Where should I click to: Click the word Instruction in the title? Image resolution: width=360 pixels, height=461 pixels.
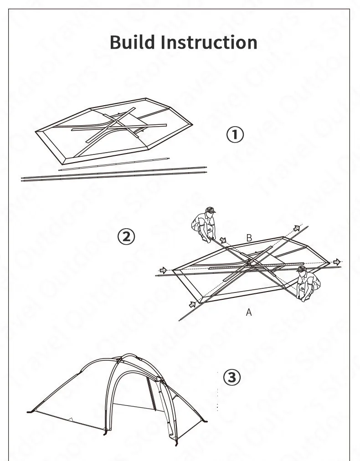click(209, 42)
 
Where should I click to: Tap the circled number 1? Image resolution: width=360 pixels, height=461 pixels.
click(235, 134)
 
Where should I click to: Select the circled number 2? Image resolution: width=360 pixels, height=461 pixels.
click(126, 236)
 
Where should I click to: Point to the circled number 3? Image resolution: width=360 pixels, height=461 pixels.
click(231, 378)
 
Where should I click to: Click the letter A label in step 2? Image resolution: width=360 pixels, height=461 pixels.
click(249, 312)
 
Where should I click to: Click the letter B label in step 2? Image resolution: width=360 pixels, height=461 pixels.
click(249, 237)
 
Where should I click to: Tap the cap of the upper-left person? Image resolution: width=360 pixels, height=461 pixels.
click(210, 210)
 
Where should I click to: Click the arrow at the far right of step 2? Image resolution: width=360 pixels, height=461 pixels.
click(337, 261)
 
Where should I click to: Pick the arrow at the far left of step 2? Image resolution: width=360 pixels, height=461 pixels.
click(163, 270)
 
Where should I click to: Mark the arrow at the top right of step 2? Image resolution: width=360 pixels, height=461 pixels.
click(297, 228)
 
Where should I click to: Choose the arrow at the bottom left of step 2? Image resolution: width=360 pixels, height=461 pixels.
click(193, 303)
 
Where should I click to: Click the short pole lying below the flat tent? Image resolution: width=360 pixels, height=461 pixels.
click(114, 164)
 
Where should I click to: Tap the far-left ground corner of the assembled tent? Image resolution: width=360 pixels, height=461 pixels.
click(30, 411)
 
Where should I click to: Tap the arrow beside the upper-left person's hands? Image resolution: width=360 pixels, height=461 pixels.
click(223, 239)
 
